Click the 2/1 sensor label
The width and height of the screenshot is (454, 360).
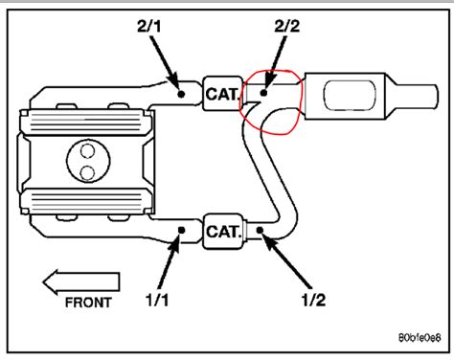(149, 27)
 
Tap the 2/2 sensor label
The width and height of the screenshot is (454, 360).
(287, 26)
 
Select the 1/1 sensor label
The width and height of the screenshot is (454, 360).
(157, 300)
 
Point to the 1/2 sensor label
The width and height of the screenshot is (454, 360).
(313, 301)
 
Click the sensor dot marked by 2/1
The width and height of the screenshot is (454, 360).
(181, 94)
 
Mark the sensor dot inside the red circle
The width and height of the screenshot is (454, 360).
(263, 93)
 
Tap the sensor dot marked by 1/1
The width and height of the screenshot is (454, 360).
(181, 230)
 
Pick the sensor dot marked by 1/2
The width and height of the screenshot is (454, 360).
(260, 230)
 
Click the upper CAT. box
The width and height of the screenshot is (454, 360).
(222, 94)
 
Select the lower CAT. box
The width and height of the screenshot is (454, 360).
(222, 231)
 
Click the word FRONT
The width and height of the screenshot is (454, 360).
(88, 303)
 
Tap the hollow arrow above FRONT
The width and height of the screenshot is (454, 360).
(81, 282)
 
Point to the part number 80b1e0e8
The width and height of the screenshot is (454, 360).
(420, 337)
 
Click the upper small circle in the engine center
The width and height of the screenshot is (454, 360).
(88, 151)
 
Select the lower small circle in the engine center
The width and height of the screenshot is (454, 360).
(88, 172)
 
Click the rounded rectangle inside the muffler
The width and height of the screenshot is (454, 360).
(350, 95)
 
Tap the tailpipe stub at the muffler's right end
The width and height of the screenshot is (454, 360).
(415, 96)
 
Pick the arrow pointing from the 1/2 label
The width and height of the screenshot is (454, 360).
(286, 261)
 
